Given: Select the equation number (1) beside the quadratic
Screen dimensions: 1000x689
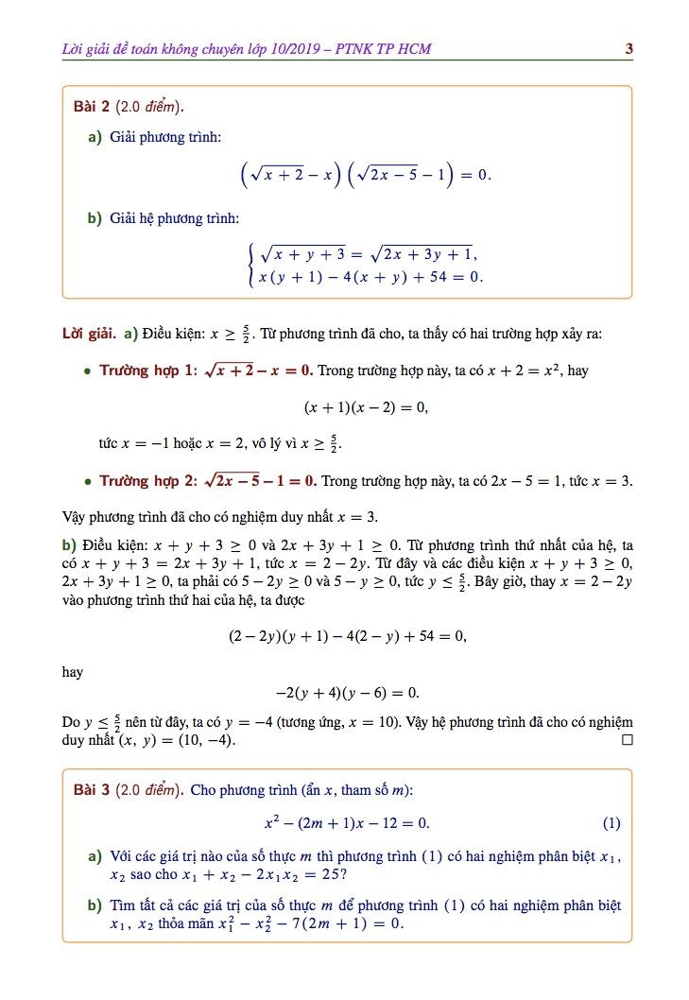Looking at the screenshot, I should [x=611, y=823].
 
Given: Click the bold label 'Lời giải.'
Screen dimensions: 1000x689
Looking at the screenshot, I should [x=88, y=334].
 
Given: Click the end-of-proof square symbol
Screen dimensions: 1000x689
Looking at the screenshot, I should [x=626, y=740].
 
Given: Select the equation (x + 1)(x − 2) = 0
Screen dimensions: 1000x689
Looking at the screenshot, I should [x=366, y=407].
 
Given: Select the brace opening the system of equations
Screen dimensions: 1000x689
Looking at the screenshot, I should [x=250, y=265].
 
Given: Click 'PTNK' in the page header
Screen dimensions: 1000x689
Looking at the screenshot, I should [x=360, y=48].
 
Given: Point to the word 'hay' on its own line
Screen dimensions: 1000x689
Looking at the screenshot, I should [x=72, y=672].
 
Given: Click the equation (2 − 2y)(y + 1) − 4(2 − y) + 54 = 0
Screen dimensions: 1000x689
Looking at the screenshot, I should [x=347, y=636].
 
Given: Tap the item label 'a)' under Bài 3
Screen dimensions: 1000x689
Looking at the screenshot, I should [x=95, y=856].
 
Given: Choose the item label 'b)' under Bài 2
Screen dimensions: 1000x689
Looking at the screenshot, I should [x=95, y=218].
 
